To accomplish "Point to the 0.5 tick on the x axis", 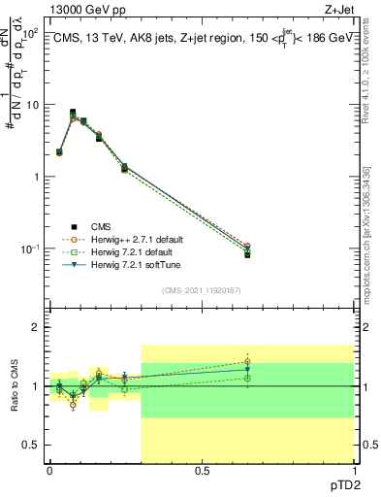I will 202,470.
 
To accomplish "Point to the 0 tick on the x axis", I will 49,470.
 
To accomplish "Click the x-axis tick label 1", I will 353,470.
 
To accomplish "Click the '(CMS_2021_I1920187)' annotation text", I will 201,290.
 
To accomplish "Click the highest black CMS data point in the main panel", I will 73,113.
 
